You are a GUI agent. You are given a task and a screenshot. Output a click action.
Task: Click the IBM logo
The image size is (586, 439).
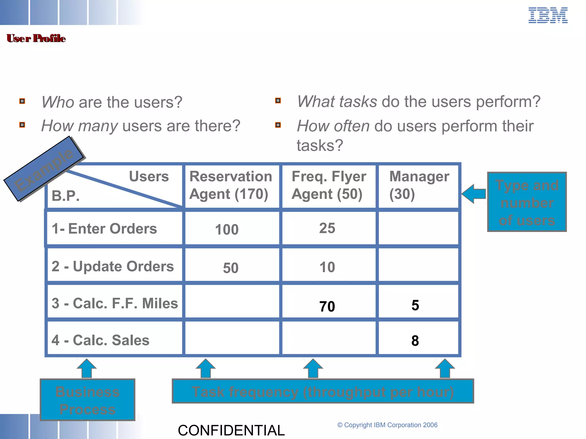(x=548, y=15)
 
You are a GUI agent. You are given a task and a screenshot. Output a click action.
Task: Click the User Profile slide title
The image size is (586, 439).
(x=36, y=38)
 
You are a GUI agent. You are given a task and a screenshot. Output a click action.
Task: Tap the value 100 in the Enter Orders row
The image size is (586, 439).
(x=227, y=230)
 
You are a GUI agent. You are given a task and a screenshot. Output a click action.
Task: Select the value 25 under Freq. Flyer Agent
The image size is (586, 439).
(x=327, y=228)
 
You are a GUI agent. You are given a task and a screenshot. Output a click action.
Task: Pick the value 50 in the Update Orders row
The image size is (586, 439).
(x=231, y=268)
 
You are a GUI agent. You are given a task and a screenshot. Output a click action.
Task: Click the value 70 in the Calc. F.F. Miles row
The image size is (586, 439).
(x=327, y=306)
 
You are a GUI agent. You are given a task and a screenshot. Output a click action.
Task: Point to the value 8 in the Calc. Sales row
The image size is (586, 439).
(x=415, y=341)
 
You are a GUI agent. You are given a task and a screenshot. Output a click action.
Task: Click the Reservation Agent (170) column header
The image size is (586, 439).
(x=231, y=185)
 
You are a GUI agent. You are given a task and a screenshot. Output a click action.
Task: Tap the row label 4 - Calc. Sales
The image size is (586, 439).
(x=100, y=340)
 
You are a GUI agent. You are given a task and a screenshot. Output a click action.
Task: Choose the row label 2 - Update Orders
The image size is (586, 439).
(x=112, y=266)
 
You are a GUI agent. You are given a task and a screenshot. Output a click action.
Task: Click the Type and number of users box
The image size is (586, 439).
(x=527, y=202)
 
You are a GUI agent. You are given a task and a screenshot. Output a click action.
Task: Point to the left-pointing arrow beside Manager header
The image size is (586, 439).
(x=474, y=194)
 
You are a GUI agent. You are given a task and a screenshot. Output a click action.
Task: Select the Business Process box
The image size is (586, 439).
(x=88, y=400)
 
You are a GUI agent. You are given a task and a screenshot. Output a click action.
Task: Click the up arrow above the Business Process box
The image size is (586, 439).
(x=87, y=368)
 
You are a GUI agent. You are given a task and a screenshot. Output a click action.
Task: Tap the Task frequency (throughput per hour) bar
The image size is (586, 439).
(x=322, y=391)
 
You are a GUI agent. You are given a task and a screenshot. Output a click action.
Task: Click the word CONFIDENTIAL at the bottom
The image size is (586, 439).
(x=231, y=430)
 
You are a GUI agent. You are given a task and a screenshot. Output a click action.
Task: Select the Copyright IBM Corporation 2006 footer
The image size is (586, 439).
(x=387, y=425)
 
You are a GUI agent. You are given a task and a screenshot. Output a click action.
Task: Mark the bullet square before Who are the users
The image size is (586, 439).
(x=22, y=101)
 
